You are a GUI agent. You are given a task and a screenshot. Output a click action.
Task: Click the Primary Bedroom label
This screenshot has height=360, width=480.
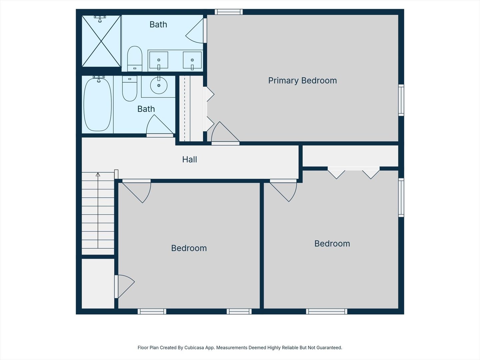pos(302,81)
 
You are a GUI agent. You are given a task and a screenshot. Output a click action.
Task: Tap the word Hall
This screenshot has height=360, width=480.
pos(189,160)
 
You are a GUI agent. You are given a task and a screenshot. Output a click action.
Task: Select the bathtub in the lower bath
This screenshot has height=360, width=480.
pos(97,104)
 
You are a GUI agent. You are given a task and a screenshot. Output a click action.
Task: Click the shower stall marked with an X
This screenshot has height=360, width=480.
pos(101,41)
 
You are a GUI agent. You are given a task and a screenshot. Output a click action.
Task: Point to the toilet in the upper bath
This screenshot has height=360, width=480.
pos(135,59)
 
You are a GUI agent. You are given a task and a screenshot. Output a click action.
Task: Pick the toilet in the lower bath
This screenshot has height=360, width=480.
pos(130,89)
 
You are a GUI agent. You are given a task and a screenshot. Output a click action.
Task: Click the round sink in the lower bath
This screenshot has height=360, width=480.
pos(159,85)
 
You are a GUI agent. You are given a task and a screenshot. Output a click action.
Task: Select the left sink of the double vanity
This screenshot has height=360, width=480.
pos(158,60)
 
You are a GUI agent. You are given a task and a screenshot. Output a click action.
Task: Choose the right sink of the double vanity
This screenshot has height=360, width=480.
pos(192,61)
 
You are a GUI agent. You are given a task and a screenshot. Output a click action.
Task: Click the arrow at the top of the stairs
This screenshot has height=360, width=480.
pos(98,175)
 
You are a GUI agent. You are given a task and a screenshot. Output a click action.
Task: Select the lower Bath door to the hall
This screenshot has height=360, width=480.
pos(159,126)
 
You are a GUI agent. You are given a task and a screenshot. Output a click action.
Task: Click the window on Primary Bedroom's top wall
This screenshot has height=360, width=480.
pos(228,12)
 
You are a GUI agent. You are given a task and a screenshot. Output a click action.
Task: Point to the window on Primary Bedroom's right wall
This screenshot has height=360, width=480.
pos(401,100)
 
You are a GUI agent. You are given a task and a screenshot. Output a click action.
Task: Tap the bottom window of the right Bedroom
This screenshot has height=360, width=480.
pos(327,311)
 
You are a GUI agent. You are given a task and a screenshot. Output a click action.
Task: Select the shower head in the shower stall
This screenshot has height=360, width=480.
pos(100,19)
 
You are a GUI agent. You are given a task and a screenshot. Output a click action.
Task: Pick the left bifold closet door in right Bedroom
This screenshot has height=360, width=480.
pos(336,173)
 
